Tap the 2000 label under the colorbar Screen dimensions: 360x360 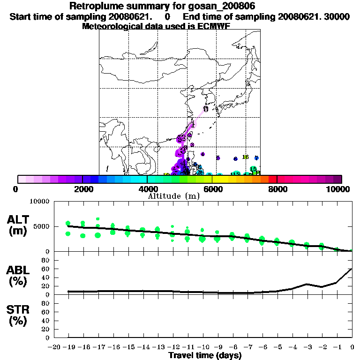82,189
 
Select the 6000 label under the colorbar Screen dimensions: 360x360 212,189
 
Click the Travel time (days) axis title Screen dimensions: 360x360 205,356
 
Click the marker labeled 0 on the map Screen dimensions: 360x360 206,109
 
